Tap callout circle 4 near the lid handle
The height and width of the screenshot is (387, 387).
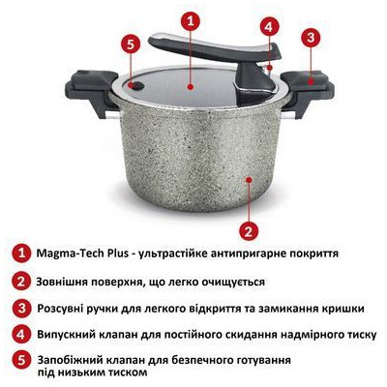coord(270,27)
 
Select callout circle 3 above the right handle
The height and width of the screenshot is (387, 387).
coord(311,37)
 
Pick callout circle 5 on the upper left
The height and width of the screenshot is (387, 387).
coord(131,45)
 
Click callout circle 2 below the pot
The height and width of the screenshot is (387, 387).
coord(249,231)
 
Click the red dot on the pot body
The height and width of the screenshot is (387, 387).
coord(249,180)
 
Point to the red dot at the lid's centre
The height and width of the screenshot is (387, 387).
coord(191,86)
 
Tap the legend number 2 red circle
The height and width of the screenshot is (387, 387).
coord(21,282)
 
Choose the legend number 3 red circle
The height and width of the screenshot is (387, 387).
coord(21,308)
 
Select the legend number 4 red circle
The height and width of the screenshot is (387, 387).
coord(21,334)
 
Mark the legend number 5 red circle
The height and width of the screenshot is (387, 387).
coord(21,361)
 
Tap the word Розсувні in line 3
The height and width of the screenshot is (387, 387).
coord(60,309)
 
